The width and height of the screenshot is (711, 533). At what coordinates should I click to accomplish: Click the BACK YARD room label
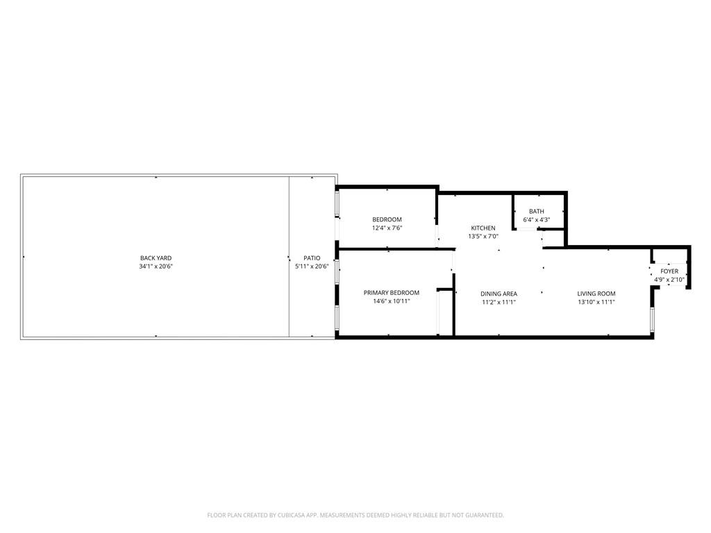click(x=156, y=258)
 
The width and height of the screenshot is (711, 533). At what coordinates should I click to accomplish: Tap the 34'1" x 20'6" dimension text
click(x=156, y=266)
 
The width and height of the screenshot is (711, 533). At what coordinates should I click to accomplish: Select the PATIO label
click(x=312, y=258)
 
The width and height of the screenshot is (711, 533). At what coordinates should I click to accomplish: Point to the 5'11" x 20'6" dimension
click(x=312, y=266)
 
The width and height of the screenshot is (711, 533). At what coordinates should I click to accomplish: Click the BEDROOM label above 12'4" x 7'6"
click(x=387, y=220)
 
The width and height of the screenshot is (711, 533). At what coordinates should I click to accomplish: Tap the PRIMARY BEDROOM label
click(x=392, y=293)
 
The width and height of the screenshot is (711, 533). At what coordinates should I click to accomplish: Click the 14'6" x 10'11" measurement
click(x=392, y=301)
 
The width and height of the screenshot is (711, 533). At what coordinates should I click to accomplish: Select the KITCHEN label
click(x=483, y=228)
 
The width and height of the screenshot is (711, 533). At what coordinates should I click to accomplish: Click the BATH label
click(x=537, y=212)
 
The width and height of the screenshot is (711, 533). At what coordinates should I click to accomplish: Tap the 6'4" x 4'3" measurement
click(x=537, y=220)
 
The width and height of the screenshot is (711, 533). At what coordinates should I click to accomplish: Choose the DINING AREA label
click(x=499, y=294)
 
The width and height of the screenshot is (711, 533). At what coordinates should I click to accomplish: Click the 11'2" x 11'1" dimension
click(x=499, y=302)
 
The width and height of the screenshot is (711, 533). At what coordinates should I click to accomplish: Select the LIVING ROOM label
click(x=596, y=294)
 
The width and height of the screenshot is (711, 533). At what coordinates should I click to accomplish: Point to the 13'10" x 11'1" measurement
click(x=596, y=302)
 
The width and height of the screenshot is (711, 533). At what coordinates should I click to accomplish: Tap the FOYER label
click(x=669, y=271)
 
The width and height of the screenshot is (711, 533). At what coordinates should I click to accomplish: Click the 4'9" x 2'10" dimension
click(x=669, y=280)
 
